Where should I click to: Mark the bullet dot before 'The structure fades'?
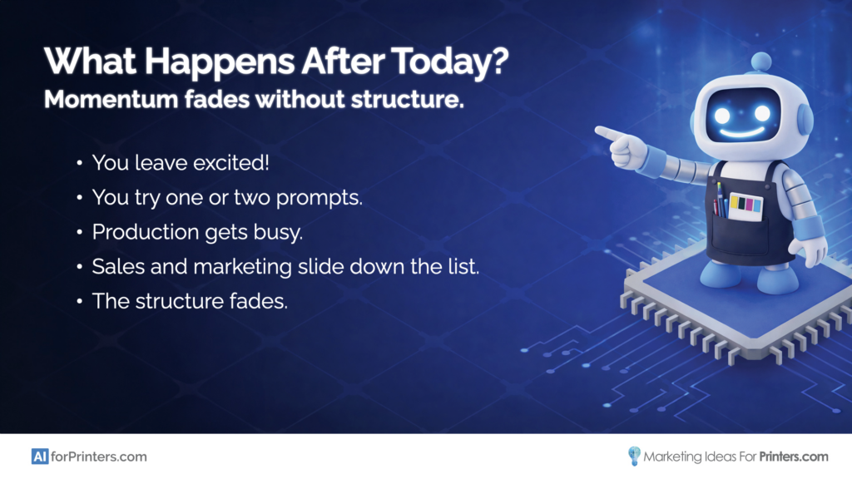[79, 302]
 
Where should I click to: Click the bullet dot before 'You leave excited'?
[79, 163]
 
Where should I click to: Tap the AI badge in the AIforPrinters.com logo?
[39, 456]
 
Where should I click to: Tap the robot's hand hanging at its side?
[808, 249]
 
